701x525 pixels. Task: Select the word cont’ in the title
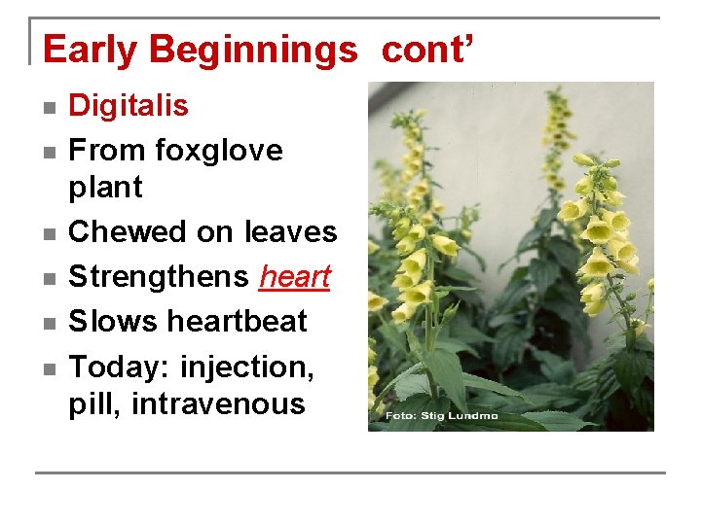427,49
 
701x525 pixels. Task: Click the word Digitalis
129,105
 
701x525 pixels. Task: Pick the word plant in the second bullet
105,187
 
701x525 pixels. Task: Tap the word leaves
290,232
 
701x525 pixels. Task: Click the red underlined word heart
295,277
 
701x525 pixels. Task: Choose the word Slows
111,321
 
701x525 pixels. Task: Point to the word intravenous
218,404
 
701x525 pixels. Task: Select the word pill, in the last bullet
94,404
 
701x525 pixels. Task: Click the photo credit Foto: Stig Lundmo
441,416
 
